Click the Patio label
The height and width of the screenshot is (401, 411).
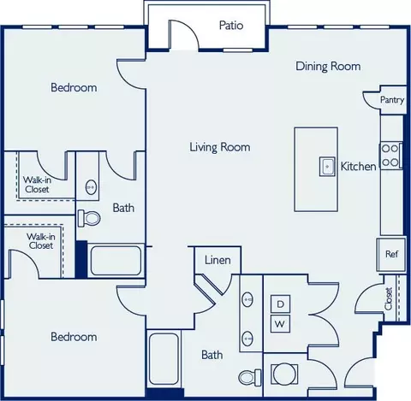tap(231, 25)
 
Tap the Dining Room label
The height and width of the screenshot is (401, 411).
tap(328, 66)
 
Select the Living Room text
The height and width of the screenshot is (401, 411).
tap(220, 147)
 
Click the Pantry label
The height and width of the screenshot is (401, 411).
tap(392, 100)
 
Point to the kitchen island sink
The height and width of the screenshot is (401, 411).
tap(327, 167)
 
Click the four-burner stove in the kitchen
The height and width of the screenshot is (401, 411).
tap(390, 156)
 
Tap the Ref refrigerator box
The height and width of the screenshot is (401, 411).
tap(391, 254)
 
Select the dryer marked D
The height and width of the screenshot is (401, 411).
tap(280, 304)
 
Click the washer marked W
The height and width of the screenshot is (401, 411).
tap(280, 324)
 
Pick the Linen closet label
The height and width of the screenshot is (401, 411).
tap(217, 260)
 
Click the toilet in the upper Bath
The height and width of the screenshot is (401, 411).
tap(89, 218)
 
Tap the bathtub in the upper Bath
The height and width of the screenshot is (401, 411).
tap(116, 261)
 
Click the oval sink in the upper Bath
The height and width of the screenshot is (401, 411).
tap(91, 187)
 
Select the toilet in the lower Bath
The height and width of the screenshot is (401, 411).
tap(250, 377)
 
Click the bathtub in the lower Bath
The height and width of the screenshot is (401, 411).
tap(164, 358)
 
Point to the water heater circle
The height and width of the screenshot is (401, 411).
tap(284, 374)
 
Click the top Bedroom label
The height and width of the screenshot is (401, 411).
tap(74, 87)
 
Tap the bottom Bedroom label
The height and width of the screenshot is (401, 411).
tap(74, 337)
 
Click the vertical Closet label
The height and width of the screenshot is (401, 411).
tap(389, 298)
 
